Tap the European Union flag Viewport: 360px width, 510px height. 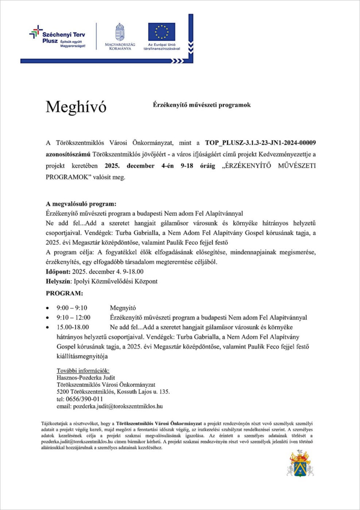(162, 32)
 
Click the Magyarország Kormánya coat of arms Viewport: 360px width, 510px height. (120, 32)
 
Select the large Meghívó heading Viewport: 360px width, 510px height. (76, 107)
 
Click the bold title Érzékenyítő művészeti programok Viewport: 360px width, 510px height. (202, 105)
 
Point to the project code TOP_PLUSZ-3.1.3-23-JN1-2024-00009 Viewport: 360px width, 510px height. (260, 143)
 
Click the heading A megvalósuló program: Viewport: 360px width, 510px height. (81, 204)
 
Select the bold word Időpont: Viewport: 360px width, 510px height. (58, 272)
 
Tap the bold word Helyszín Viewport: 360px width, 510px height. (58, 282)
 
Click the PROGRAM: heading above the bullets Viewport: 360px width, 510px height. (64, 293)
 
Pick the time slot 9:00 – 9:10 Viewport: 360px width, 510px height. (72, 308)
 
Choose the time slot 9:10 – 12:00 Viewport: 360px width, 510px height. (73, 318)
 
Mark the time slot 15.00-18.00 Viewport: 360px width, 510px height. (73, 327)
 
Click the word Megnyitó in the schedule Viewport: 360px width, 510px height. (123, 308)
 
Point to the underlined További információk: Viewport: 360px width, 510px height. (83, 371)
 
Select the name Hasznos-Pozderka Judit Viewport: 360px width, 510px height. (86, 378)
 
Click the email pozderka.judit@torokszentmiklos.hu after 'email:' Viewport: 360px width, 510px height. (118, 406)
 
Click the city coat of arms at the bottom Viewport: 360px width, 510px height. (300, 463)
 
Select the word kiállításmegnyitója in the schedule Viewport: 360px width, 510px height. (82, 356)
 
